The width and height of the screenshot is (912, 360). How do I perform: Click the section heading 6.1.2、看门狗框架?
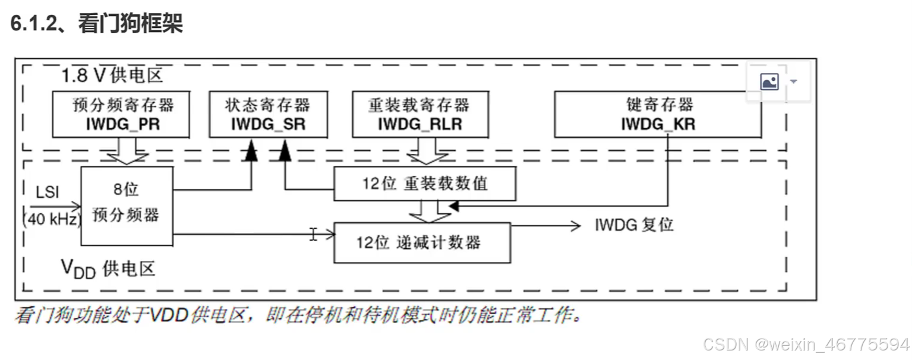[97, 24]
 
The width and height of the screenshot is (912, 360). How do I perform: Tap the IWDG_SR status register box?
[268, 114]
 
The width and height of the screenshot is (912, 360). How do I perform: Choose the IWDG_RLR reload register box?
[420, 114]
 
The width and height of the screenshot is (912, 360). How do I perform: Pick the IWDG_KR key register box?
[658, 114]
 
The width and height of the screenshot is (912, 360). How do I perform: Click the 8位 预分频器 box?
[127, 206]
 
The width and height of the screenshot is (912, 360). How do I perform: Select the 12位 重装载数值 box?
[424, 184]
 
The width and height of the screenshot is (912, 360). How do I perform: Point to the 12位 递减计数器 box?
[422, 242]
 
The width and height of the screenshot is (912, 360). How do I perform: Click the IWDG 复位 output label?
[634, 225]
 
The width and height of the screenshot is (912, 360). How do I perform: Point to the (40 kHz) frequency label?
[52, 219]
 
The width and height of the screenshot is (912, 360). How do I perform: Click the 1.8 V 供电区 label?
[112, 76]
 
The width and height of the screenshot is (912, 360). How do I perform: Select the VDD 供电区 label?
[109, 269]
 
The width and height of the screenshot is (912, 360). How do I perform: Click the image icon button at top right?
[769, 81]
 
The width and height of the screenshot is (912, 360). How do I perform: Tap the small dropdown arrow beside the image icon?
[793, 81]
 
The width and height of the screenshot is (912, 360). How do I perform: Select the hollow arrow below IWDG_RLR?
[428, 151]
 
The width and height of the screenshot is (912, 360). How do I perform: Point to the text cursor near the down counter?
[313, 234]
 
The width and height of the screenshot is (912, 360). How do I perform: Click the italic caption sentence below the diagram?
[297, 315]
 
